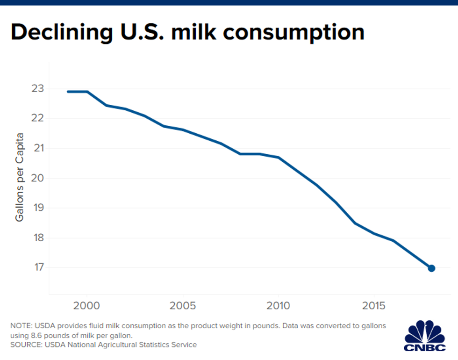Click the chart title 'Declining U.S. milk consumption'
pos(187,32)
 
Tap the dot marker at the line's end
pos(431,268)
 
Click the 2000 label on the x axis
pos(87,306)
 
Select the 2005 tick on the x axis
pos(183,306)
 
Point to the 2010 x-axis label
pos(279,306)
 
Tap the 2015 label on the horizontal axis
pos(374,306)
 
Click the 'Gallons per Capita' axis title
pos(20,178)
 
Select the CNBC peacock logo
pos(425,334)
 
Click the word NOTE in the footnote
pos(21,326)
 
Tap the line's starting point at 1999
pos(68,92)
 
